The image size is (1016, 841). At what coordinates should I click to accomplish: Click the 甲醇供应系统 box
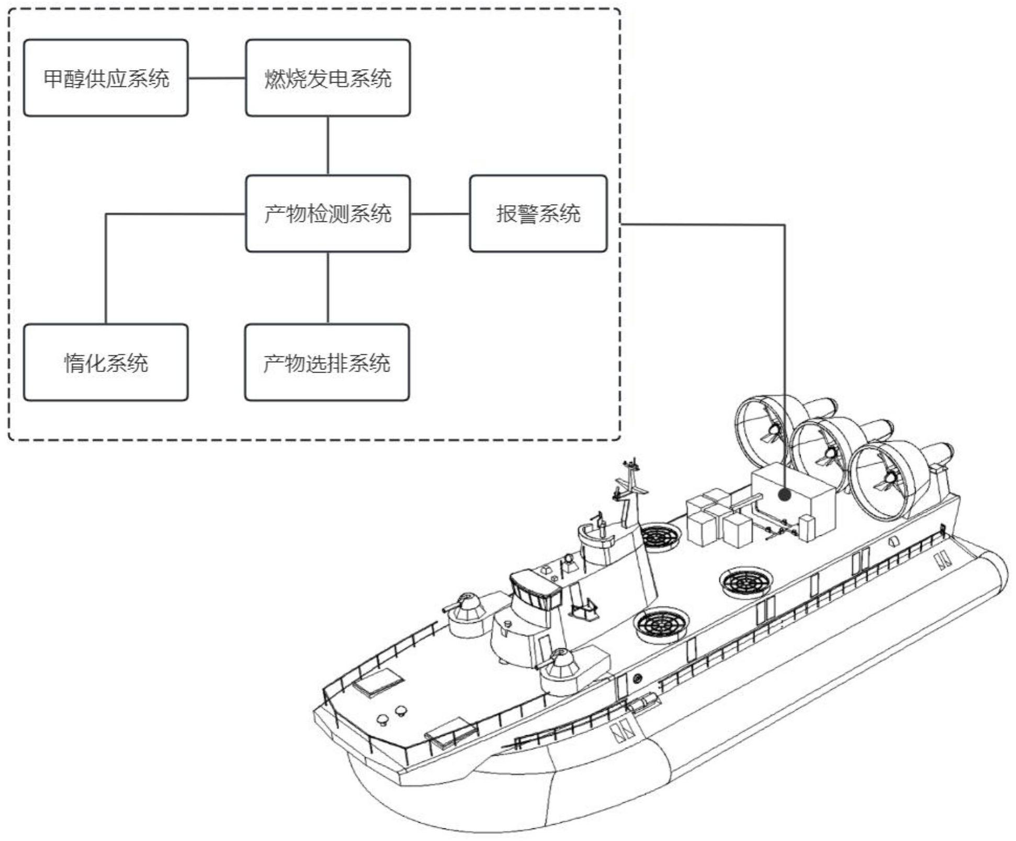tap(106, 78)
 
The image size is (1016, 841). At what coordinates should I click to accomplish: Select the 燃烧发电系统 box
tap(328, 78)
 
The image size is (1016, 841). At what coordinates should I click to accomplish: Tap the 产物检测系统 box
tap(328, 214)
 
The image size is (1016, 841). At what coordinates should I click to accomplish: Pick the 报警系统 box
tap(538, 214)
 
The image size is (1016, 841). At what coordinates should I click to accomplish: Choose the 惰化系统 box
tap(106, 363)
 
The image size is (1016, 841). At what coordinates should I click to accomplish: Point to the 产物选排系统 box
tap(327, 363)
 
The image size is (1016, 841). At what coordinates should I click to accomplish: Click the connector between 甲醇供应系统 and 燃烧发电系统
tap(217, 79)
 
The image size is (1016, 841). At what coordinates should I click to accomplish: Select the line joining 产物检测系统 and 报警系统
tap(439, 214)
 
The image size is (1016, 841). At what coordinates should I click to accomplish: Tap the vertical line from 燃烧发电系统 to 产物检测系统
tap(328, 145)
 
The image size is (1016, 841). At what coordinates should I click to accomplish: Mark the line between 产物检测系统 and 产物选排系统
tap(328, 288)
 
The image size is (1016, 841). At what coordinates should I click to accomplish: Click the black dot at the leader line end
tap(784, 494)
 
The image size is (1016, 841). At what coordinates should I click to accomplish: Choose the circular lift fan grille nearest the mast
tap(659, 536)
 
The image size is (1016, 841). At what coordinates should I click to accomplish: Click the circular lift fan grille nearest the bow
tap(661, 624)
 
